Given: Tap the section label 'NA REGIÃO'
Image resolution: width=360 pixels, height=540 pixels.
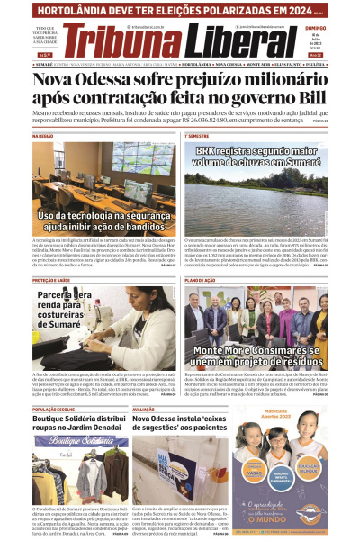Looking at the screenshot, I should pos(44,136).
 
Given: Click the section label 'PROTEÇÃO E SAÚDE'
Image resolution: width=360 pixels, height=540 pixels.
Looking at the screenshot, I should pos(51,280).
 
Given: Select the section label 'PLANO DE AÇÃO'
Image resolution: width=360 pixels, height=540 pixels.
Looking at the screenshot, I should pos(201,280).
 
